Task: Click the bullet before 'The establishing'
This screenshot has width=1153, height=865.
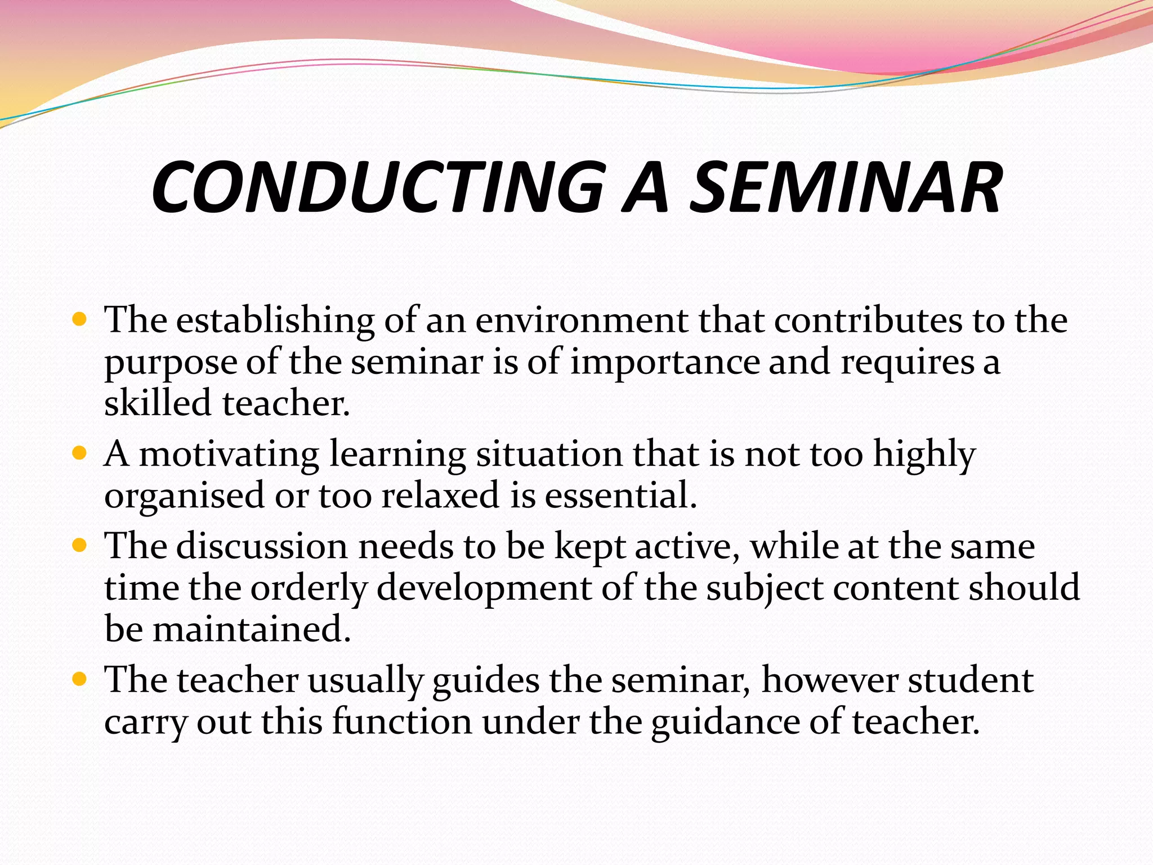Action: point(80,320)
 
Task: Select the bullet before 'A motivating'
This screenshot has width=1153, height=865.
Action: point(80,453)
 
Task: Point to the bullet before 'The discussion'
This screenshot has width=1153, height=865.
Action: point(80,546)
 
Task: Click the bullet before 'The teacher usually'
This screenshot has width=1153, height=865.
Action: point(80,680)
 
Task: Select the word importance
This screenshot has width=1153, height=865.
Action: point(665,362)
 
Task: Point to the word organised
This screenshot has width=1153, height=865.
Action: point(184,496)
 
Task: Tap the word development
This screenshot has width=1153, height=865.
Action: point(484,588)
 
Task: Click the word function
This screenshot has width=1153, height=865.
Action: point(401,721)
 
